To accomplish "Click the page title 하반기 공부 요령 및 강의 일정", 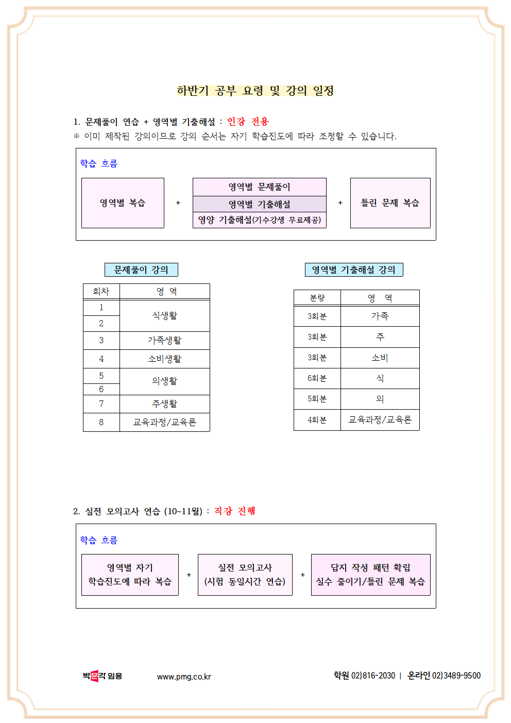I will coord(255,91).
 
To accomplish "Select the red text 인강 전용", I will coord(248,122).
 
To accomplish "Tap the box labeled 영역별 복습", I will coord(123,203).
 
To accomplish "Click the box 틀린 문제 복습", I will coord(390,203).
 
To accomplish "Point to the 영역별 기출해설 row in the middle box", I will coord(259,204).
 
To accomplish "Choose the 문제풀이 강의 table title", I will coord(141,270).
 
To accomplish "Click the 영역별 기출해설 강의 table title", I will coord(353,270).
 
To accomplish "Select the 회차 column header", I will coord(101,292).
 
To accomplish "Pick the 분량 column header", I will coord(317,298).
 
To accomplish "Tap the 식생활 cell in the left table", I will coord(164,315).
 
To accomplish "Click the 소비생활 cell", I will coord(164,359).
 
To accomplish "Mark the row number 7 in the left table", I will coord(101,403).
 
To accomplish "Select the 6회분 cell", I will coord(317,378).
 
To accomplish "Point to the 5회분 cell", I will coord(317,399).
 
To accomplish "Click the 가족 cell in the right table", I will coord(380,316).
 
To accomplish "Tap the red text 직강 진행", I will coord(234,511).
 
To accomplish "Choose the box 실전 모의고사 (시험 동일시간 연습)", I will coord(245,575).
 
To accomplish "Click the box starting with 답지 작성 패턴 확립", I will coord(370,575).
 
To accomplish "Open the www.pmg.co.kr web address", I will coord(184,677).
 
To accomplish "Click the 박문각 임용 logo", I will coord(102,676).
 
